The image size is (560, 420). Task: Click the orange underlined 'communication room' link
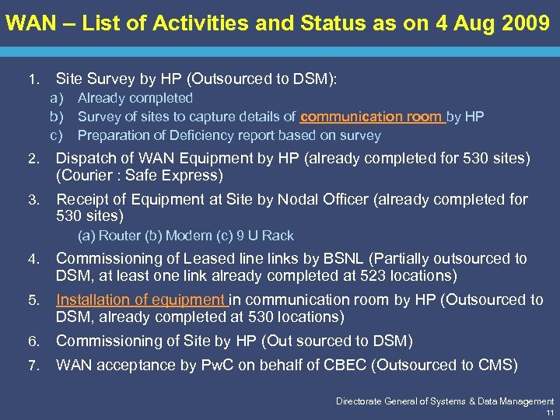[371, 117]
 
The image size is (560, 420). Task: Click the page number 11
[549, 412]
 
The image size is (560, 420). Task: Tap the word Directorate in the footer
[359, 401]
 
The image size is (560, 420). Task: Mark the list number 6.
[33, 341]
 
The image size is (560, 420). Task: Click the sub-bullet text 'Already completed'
[135, 98]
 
